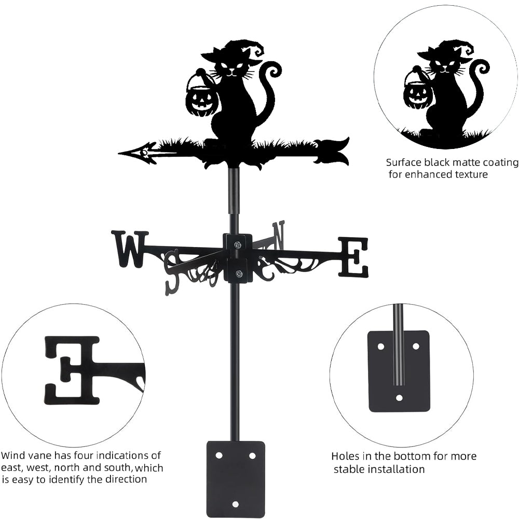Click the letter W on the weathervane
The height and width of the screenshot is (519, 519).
[129, 249]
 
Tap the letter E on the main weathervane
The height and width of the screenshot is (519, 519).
[354, 256]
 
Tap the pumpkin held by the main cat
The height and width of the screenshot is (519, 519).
[201, 101]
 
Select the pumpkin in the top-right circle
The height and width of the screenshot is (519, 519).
[418, 94]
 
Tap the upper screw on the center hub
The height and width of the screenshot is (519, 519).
[238, 244]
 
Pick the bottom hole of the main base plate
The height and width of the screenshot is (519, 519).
[236, 503]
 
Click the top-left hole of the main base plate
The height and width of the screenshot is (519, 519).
[219, 455]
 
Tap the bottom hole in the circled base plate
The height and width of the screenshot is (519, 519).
[399, 398]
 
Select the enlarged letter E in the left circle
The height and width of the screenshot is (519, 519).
[73, 370]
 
